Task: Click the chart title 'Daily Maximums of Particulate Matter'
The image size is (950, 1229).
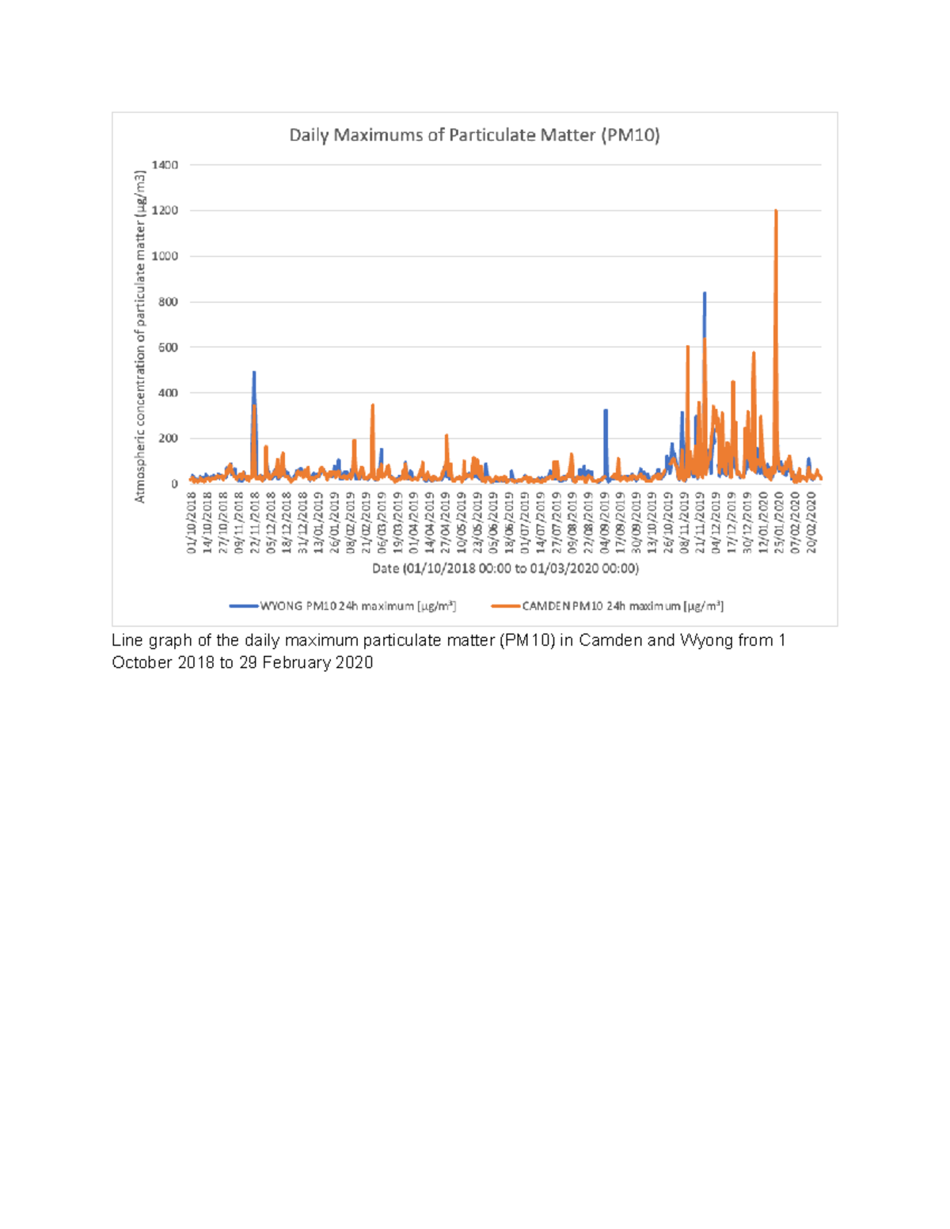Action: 474,135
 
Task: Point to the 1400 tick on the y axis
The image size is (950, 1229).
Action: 165,165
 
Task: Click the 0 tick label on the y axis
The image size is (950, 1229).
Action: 174,484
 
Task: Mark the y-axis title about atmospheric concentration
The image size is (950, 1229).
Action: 140,336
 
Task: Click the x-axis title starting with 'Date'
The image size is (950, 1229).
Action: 505,568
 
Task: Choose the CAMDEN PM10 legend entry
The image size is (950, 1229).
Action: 607,606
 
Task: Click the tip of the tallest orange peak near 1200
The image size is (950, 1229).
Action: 776,211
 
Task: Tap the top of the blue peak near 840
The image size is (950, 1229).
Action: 705,294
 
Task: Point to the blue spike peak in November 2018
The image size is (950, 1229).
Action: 254,372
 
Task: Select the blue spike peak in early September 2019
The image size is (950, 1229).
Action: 606,410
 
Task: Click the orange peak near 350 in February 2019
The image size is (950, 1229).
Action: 372,405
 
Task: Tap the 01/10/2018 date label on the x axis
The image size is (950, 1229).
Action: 192,522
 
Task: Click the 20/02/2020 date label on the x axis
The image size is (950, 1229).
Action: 811,522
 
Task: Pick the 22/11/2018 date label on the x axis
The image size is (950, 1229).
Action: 255,522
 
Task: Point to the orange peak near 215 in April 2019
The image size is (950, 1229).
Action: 446,435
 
